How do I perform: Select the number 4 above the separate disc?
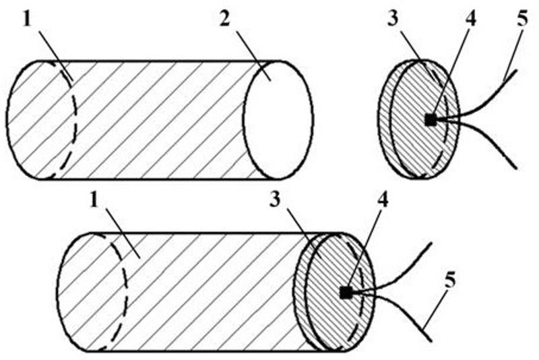tap(470, 19)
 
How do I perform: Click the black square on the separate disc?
tap(431, 120)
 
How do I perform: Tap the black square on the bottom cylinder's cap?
tap(346, 293)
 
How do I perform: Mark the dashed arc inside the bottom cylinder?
tap(126, 290)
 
